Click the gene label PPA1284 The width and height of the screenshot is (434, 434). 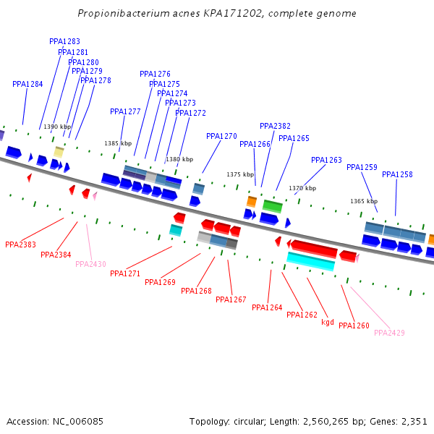tap(27, 84)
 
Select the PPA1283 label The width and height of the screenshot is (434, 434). tap(64, 42)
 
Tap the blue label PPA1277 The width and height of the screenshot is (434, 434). tap(125, 111)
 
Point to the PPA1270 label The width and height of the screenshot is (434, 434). tap(221, 136)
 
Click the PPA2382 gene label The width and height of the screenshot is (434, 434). tap(275, 126)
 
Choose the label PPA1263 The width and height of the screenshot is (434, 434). tap(326, 160)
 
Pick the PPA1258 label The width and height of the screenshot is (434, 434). tap(397, 174)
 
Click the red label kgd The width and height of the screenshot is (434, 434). tap(328, 322)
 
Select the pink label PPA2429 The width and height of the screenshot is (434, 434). tap(389, 333)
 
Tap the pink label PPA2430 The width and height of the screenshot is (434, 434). tap(90, 264)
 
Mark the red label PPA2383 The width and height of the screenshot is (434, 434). tap(20, 244)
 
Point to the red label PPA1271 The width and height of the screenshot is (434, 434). tap(125, 273)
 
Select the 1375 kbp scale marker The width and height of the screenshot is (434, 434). tap(240, 174)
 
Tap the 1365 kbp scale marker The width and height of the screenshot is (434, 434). tap(364, 201)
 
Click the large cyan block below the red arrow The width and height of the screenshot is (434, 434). tap(311, 261)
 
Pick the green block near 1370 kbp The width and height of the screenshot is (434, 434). tap(273, 205)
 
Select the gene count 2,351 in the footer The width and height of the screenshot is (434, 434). tap(414, 421)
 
